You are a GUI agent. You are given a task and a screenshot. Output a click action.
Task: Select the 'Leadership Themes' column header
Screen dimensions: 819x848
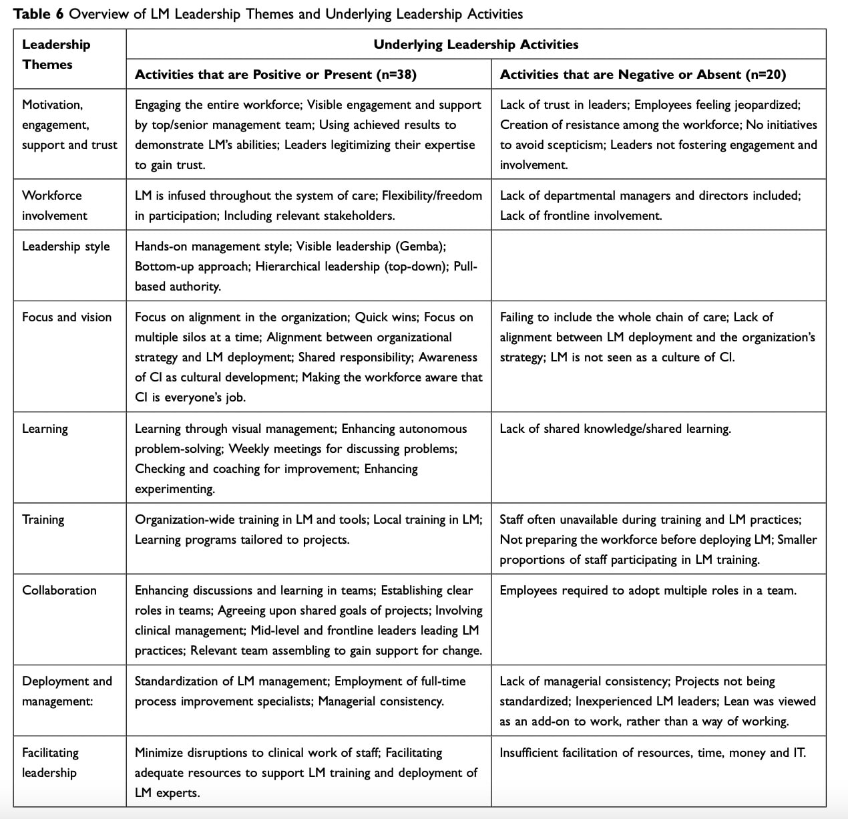55,54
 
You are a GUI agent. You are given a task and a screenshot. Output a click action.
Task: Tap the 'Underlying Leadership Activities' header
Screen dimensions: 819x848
475,44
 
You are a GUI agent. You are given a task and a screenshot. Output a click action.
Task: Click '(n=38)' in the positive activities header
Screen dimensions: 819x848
397,74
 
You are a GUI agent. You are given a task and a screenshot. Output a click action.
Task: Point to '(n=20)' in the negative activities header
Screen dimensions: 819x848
765,74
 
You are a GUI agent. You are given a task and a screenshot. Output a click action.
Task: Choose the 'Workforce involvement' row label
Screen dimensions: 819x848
54,205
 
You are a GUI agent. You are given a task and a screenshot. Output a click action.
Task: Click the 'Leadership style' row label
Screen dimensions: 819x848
65,247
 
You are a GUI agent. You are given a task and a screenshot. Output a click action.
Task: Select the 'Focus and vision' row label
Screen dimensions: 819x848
67,317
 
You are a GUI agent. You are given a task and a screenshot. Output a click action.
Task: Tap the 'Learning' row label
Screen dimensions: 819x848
45,429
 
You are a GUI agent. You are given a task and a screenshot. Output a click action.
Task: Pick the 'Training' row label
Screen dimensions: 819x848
43,520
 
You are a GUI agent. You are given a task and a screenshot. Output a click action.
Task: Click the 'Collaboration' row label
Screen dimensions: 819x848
59,591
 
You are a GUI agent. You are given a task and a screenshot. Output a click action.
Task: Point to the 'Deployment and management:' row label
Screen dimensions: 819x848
67,691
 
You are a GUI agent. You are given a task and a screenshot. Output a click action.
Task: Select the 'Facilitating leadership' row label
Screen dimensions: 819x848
50,762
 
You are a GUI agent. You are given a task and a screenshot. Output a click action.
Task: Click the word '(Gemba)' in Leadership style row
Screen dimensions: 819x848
421,247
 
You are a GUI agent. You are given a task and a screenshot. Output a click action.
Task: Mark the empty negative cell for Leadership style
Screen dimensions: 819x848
658,266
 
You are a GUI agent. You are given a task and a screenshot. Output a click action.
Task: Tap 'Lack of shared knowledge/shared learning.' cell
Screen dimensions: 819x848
615,429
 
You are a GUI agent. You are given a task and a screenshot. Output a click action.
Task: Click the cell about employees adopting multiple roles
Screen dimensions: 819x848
648,591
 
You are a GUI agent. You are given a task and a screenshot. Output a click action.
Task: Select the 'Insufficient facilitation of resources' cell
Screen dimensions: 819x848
652,753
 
